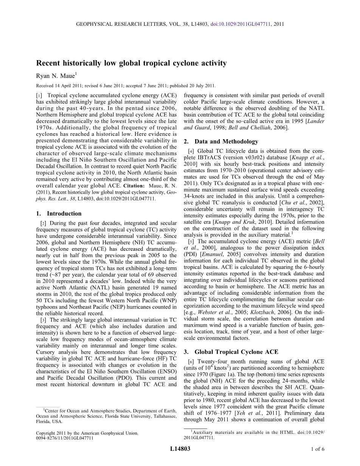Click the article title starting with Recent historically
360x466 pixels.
131,63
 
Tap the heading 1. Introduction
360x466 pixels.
59,213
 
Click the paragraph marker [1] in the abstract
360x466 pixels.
39,96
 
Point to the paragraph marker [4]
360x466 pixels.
191,151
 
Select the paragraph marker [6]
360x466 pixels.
191,362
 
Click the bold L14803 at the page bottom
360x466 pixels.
180,449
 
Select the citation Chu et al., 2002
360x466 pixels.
295,203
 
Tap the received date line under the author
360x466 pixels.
126,86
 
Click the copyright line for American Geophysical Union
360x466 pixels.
87,433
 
